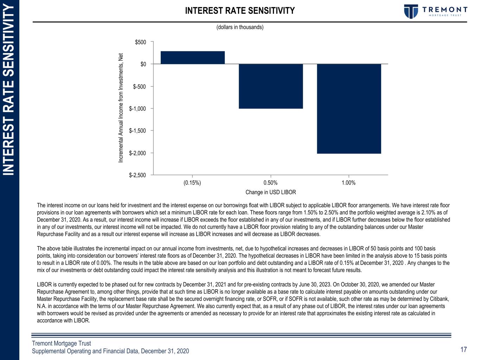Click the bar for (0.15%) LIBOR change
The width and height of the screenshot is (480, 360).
click(192, 58)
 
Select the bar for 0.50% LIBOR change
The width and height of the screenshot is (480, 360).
click(270, 86)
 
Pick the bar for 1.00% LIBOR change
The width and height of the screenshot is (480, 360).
click(348, 109)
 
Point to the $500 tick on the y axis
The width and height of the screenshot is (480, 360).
click(141, 42)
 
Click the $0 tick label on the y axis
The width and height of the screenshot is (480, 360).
click(143, 64)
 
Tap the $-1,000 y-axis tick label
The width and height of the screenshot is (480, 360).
click(137, 109)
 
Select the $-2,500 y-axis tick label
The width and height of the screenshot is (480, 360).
click(137, 175)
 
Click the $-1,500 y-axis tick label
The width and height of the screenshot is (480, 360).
click(137, 131)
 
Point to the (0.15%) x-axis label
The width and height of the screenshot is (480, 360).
click(192, 183)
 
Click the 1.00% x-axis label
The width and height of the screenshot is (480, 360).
click(348, 183)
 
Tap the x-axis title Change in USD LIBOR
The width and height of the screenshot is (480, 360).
click(270, 192)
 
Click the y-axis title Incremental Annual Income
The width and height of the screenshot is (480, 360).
click(121, 108)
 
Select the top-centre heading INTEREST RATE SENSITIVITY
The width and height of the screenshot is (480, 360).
click(240, 11)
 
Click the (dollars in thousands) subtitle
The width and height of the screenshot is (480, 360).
click(240, 27)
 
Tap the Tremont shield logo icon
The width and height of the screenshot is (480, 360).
click(410, 11)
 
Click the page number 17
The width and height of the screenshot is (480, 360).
click(463, 349)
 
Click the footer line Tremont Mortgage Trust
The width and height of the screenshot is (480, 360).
click(62, 343)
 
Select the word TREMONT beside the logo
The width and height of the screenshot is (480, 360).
click(444, 9)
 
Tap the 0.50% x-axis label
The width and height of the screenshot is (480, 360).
click(270, 183)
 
